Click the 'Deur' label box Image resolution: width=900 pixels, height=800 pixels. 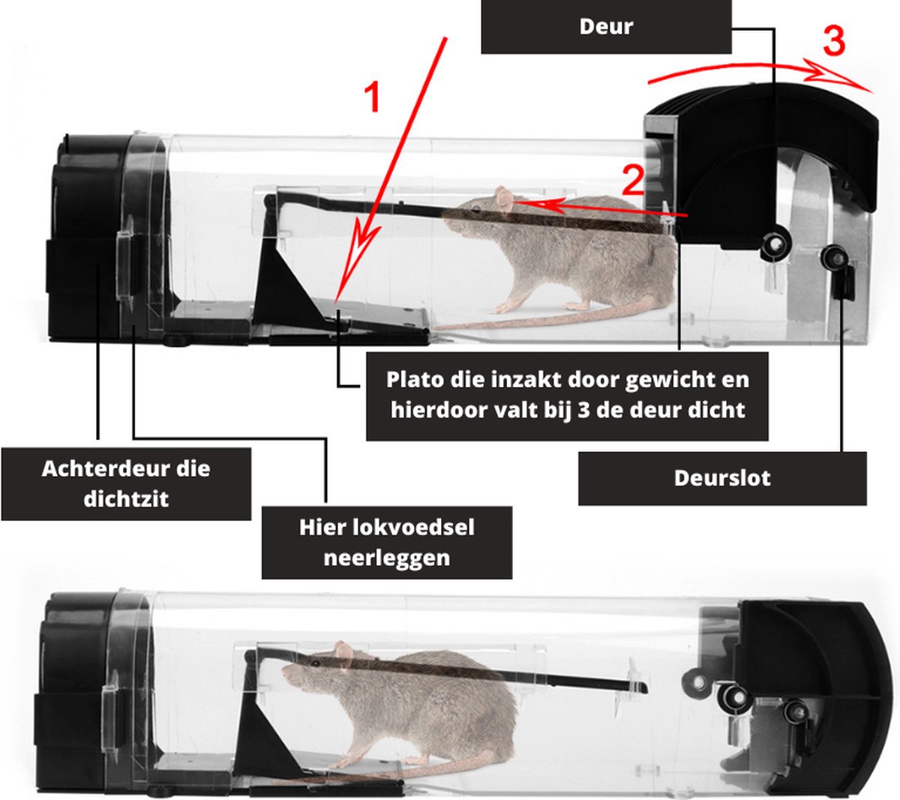tap(606, 26)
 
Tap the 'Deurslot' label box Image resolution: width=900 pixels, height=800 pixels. tap(721, 478)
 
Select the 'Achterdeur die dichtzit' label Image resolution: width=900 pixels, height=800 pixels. tap(126, 484)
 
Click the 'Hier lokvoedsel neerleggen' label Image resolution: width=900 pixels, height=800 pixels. tap(386, 542)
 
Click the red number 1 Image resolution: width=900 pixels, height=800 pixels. tap(372, 97)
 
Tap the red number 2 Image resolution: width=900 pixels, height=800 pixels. tap(632, 180)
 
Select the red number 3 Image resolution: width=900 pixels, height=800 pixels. tap(834, 41)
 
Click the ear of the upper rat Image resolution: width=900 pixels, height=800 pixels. tap(504, 200)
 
